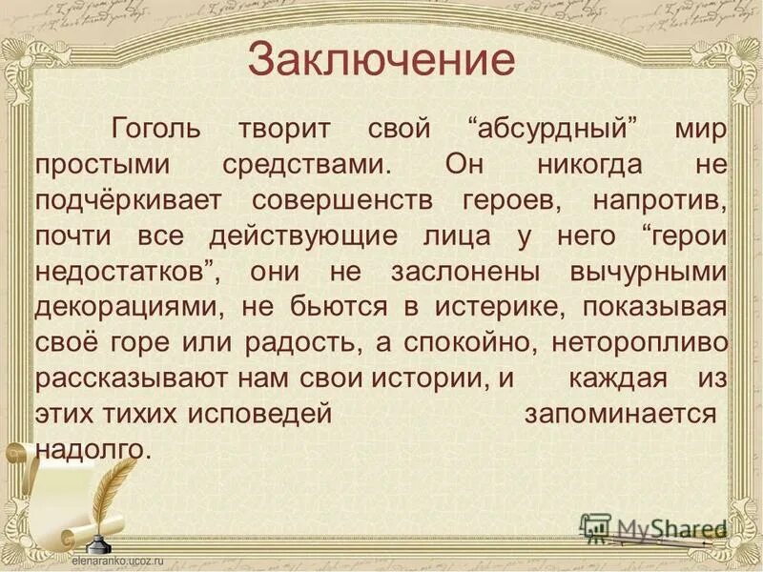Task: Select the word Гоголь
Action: tap(157, 129)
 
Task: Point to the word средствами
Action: tap(306, 164)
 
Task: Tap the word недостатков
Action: tap(125, 272)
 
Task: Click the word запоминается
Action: tap(620, 414)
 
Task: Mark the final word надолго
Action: tap(93, 449)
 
